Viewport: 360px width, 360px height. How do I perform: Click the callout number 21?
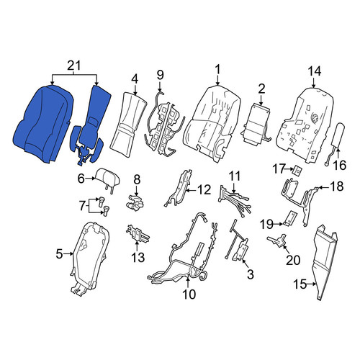[x=74, y=66]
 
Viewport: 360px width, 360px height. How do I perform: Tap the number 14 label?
[x=314, y=71]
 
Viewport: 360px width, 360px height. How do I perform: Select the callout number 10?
[x=189, y=294]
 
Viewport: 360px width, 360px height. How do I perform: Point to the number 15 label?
[x=300, y=284]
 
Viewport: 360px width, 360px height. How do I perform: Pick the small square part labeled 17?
[x=297, y=171]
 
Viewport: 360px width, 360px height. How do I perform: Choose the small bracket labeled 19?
[x=291, y=218]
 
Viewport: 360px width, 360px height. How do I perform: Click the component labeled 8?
[x=135, y=203]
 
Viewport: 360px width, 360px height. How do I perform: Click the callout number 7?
[x=82, y=206]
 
